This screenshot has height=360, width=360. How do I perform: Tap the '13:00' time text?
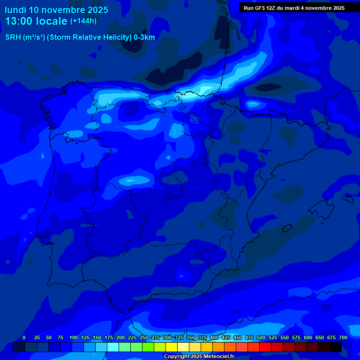tap(20, 21)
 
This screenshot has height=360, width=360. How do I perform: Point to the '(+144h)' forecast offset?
tap(83, 21)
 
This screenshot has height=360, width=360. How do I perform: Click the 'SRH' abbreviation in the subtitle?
tap(13, 37)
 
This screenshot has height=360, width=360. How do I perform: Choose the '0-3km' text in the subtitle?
tap(144, 37)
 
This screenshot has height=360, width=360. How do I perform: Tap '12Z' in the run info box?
tap(271, 8)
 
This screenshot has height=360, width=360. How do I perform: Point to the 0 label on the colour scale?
tap(24, 337)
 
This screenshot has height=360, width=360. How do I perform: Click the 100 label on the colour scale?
tap(73, 337)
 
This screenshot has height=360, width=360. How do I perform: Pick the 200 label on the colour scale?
tap(120, 337)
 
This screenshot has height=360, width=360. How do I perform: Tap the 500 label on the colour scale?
tap(261, 337)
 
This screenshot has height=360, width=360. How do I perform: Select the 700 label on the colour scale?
tap(343, 337)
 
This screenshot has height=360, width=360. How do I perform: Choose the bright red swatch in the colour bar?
tap(265, 347)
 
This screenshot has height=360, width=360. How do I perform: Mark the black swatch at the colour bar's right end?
tap(336, 347)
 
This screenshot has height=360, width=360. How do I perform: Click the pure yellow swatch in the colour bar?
tap(172, 347)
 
